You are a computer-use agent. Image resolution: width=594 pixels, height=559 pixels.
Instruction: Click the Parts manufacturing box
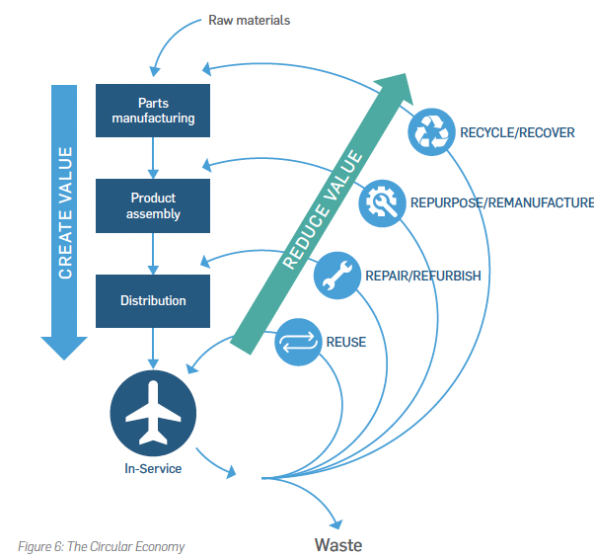153,111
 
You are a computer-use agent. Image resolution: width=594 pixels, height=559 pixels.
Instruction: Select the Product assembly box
153,205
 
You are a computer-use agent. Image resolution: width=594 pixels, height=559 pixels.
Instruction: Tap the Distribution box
153,300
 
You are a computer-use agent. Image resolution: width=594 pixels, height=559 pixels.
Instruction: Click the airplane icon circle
153,411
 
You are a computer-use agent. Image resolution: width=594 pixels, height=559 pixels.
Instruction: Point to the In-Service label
153,468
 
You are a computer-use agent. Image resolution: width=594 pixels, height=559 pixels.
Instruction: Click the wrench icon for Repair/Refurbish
337,276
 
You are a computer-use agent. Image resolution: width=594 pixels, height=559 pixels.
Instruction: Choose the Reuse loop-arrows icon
297,343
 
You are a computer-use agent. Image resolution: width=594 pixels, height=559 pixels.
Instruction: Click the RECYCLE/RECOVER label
517,132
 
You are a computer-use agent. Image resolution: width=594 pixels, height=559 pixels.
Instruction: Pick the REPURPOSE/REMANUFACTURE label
501,203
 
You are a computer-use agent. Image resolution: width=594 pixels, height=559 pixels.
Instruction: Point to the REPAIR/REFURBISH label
422,276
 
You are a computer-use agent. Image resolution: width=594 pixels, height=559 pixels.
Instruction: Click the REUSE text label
345,343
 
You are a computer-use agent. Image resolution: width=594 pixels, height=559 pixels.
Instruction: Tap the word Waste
338,544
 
